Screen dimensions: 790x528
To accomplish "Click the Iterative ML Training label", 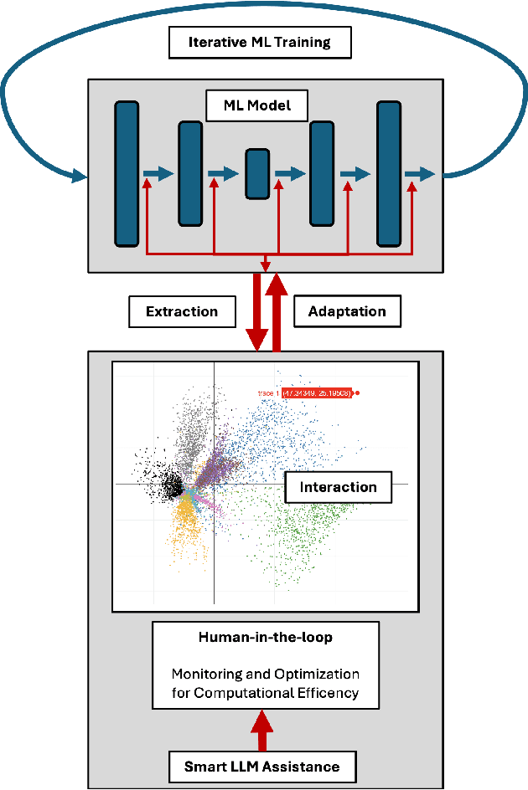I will click(x=259, y=43).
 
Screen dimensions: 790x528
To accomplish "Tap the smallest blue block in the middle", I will click(x=257, y=173).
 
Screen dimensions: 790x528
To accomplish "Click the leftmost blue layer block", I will click(x=127, y=173).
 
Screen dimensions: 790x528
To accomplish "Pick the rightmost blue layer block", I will click(x=388, y=173).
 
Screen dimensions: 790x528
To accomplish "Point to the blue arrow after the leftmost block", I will click(x=158, y=173).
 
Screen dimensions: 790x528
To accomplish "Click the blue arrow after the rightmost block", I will click(x=419, y=173).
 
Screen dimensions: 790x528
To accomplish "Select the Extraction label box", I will click(x=181, y=311).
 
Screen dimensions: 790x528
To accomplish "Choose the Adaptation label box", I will click(x=347, y=311).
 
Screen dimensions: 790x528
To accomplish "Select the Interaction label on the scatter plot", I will click(x=338, y=487).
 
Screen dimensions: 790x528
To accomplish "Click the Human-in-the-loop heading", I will click(x=265, y=637).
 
